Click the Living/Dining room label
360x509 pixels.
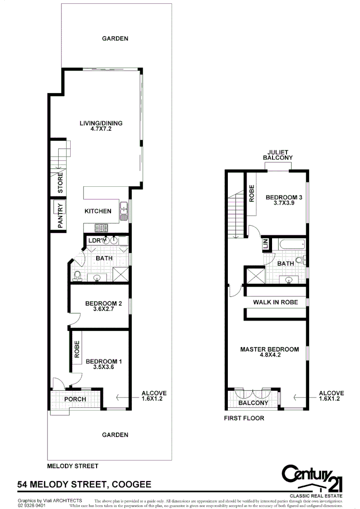click(101, 123)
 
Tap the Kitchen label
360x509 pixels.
click(98, 211)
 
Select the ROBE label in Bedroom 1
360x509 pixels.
click(77, 349)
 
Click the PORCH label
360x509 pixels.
click(75, 399)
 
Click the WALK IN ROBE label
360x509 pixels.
click(275, 303)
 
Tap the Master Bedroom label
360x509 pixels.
click(270, 350)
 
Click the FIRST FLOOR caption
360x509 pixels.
click(244, 418)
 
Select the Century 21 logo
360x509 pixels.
click(313, 478)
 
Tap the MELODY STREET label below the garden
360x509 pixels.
click(73, 466)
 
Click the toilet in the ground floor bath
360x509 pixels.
click(77, 276)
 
